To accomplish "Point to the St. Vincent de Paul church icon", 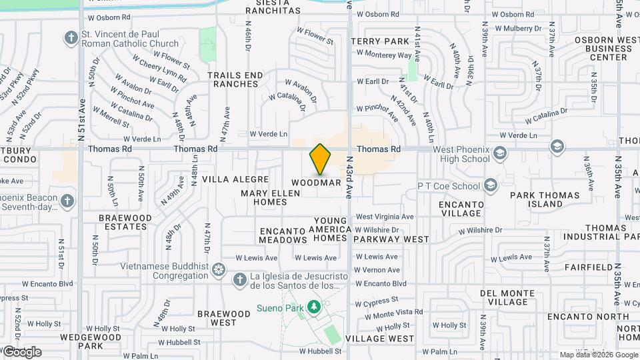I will (x=71, y=38).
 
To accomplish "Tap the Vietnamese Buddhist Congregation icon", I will (x=219, y=271).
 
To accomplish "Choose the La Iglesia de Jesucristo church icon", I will (x=239, y=277).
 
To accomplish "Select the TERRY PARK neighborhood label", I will (x=380, y=41).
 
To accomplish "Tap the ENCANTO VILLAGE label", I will (x=461, y=209).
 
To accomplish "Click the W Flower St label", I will (x=315, y=36).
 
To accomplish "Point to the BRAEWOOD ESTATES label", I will (x=125, y=222).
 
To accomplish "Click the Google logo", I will (x=21, y=351).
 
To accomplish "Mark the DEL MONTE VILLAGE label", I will (x=503, y=297).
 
